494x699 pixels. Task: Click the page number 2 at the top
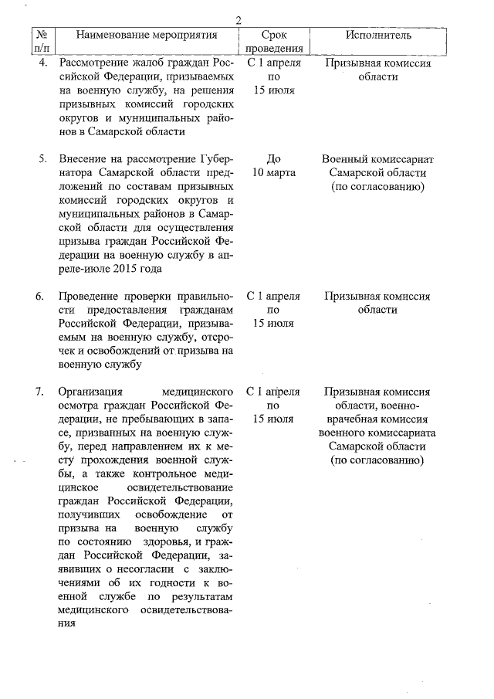(x=239, y=20)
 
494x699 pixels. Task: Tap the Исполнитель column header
(x=377, y=35)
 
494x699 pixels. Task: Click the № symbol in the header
(x=43, y=35)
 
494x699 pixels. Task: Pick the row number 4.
(x=43, y=63)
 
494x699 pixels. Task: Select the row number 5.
(x=43, y=159)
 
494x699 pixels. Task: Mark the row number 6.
(x=43, y=296)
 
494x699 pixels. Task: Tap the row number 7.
(x=43, y=392)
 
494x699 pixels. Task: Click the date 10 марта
(x=273, y=173)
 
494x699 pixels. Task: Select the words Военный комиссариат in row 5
(x=377, y=159)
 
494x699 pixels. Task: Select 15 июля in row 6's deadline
(x=273, y=324)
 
